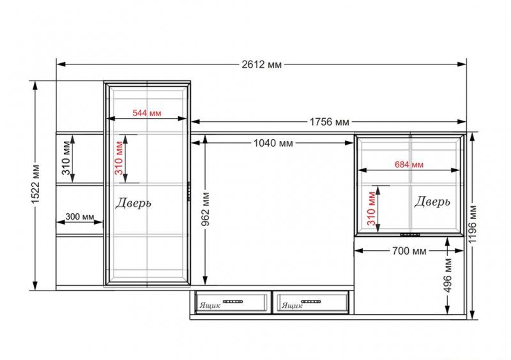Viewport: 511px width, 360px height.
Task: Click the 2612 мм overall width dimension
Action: click(x=261, y=64)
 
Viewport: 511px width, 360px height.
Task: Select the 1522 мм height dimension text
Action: click(x=35, y=184)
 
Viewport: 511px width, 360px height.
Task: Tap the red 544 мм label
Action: click(x=147, y=113)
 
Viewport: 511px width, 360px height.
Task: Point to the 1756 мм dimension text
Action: click(x=329, y=122)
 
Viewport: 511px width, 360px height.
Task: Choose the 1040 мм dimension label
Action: click(x=273, y=143)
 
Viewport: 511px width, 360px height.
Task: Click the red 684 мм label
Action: click(x=409, y=165)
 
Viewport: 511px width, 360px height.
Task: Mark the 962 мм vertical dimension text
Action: click(x=205, y=209)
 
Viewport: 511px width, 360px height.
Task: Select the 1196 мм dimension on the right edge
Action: click(x=472, y=225)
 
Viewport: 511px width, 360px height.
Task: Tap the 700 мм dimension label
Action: click(x=409, y=251)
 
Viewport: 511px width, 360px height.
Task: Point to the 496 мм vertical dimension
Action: click(x=448, y=275)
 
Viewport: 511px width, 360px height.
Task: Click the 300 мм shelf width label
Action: click(x=79, y=216)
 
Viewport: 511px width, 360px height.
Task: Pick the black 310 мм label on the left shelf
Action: click(x=66, y=158)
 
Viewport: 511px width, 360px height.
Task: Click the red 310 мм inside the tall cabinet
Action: click(x=119, y=158)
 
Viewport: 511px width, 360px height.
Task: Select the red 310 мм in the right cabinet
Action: click(x=371, y=209)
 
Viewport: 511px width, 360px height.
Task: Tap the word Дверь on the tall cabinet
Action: click(x=133, y=202)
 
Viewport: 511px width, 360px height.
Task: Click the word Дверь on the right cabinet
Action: click(x=432, y=202)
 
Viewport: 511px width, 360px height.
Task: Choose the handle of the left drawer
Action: click(x=233, y=302)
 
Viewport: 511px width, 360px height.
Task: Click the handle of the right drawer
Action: click(x=311, y=302)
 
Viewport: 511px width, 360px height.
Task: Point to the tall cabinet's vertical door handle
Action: click(x=188, y=191)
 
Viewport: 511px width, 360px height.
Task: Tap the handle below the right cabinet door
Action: click(x=410, y=234)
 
